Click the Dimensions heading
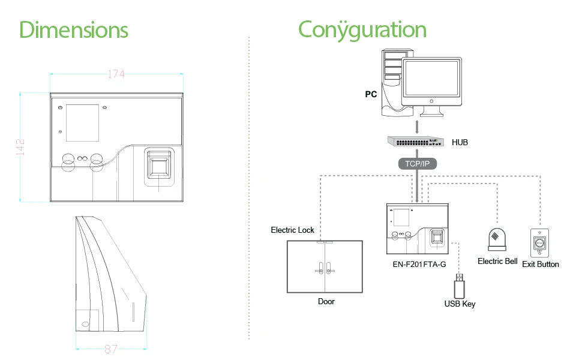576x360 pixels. pos(74,29)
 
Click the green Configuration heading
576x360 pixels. pos(362,29)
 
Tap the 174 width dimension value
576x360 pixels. pos(116,74)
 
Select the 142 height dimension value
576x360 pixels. pos(20,147)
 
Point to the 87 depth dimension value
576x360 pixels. pos(111,349)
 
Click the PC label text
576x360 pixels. pos(371,94)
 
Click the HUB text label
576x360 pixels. pos(460,143)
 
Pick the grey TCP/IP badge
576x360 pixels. pos(417,164)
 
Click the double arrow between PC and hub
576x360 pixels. pos(417,127)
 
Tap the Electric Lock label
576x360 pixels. pos(292,230)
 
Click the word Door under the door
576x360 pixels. pos(326,301)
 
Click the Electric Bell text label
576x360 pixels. pos(497,262)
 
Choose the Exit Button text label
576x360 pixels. pos(540,264)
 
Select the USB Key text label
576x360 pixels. pos(460,304)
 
